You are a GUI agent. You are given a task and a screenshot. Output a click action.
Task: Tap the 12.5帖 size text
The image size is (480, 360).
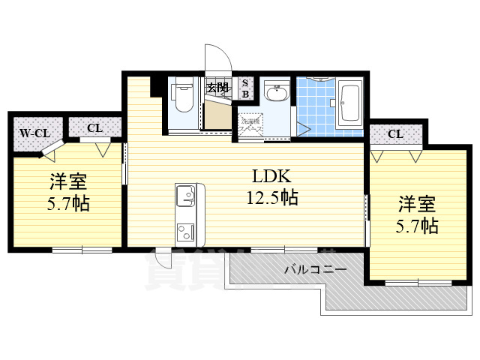pos(271,199)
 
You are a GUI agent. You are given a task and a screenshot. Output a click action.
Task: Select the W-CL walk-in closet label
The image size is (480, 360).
pos(34,133)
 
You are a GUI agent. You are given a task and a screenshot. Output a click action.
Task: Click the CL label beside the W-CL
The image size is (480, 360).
pos(94,128)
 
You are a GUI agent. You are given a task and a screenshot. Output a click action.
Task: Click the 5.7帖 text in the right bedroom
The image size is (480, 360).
pos(417,225)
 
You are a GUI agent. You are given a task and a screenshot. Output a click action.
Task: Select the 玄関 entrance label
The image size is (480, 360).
pos(218,88)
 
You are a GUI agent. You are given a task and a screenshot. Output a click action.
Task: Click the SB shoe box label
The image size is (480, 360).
pos(245,88)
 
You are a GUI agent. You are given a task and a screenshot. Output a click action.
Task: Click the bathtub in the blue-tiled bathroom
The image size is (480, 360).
pos(350,103)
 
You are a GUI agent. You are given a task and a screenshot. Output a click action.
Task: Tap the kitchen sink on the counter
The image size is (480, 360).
pos(186,197)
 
